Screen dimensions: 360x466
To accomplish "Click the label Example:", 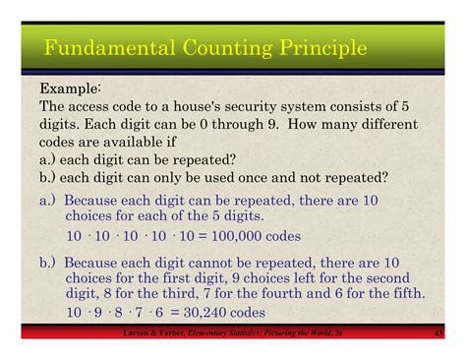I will coord(71,90).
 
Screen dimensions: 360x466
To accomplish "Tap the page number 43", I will coord(437,335).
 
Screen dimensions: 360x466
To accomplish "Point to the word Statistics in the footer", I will coord(255,335).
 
